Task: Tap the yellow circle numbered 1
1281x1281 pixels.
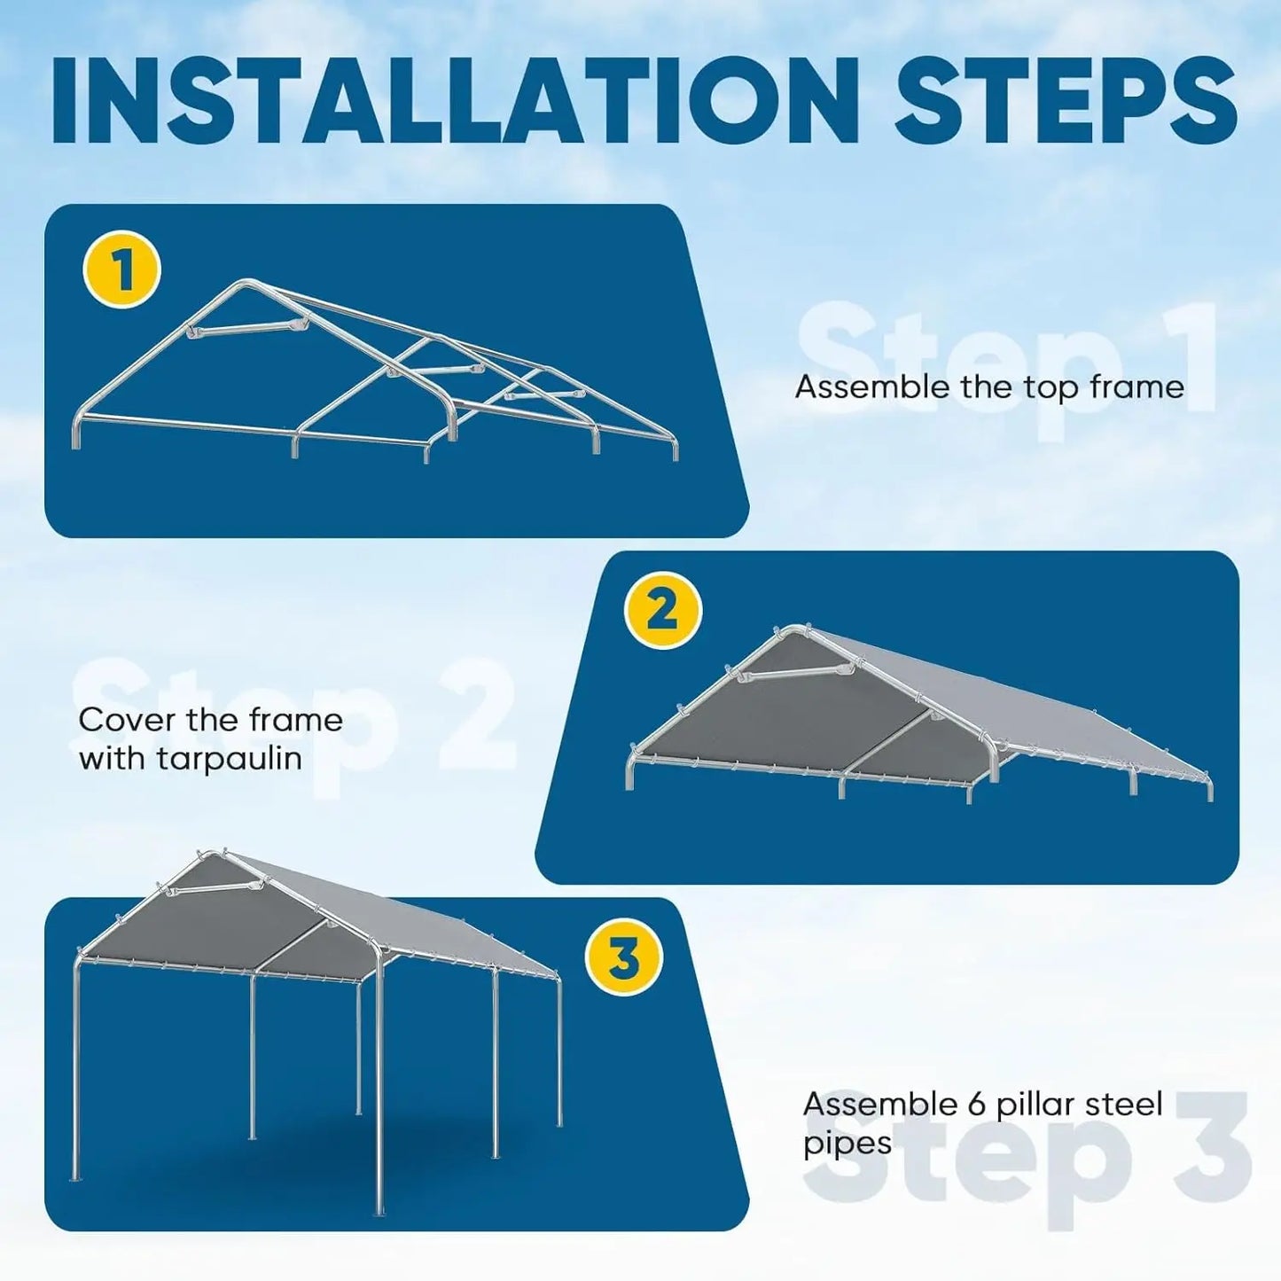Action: (121, 269)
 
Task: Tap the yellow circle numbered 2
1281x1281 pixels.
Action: (662, 612)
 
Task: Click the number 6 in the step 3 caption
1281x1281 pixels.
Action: (972, 1105)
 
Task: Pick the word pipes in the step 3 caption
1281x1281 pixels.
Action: (847, 1144)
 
